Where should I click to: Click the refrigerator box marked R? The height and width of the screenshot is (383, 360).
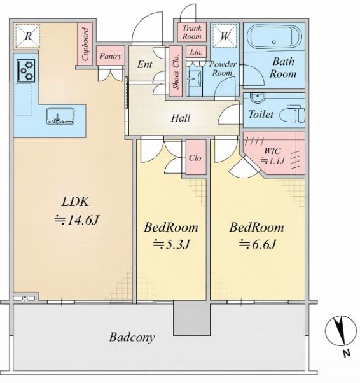click(27, 36)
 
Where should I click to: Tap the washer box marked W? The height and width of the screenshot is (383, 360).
click(225, 36)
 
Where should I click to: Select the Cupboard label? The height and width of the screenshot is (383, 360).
click(85, 44)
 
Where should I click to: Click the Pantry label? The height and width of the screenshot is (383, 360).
click(111, 56)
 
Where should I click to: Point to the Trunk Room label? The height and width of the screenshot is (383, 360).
click(192, 32)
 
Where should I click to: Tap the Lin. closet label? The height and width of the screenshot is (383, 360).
click(196, 52)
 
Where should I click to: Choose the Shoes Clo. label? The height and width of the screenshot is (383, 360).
click(176, 71)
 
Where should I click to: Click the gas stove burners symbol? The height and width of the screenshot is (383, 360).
click(26, 71)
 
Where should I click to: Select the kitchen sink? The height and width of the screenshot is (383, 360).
click(60, 116)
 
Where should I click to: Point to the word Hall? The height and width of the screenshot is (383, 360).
click(181, 118)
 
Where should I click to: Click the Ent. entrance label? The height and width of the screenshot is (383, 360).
click(146, 64)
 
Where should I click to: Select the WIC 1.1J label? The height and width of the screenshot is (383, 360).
click(273, 156)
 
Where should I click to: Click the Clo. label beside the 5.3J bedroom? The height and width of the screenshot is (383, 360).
click(196, 158)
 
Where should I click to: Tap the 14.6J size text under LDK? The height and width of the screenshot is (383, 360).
click(76, 220)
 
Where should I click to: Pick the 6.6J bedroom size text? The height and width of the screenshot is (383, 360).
click(258, 244)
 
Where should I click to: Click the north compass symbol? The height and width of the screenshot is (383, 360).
click(341, 331)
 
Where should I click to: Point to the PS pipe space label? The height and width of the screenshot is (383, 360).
click(25, 298)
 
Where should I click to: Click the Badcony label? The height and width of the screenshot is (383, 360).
click(132, 337)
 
